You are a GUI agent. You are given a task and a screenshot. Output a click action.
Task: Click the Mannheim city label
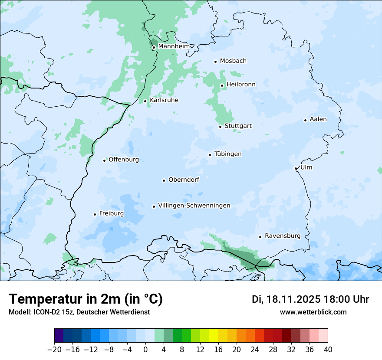pos(174,46)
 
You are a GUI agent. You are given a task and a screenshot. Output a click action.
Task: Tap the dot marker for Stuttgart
pos(220,127)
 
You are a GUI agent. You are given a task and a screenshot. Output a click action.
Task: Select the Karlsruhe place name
pos(164,100)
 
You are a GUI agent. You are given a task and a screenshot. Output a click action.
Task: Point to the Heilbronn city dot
pos(222,85)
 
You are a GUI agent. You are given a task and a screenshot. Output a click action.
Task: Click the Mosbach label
pos(233,61)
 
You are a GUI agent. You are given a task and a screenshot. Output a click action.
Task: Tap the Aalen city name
pos(318,119)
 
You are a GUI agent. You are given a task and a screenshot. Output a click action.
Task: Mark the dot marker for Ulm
pos(296,168)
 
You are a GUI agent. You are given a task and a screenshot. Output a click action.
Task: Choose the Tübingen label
pos(228,154)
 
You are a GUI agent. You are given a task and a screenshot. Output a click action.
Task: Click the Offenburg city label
pos(124,160)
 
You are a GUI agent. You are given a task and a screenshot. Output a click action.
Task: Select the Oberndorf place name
pos(184,180)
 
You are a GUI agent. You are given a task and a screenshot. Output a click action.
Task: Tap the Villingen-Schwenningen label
pos(194,206)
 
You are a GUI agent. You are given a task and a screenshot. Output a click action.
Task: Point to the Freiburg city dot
pos(95,214)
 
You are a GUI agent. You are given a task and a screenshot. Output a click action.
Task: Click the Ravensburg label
pos(283,236)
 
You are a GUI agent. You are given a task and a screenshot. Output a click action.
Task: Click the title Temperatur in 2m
pos(86,299)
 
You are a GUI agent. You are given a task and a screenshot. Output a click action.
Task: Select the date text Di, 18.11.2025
pos(286,299)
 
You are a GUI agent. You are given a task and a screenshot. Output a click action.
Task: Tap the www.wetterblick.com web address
pos(313,312)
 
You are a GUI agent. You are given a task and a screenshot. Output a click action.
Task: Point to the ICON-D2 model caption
pos(79,312)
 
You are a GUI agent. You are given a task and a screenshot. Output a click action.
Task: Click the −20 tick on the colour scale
pos(54,350)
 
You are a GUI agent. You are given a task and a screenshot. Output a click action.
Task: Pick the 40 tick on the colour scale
pos(328,350)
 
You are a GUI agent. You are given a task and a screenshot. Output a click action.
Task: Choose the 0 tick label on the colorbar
pos(145,350)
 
